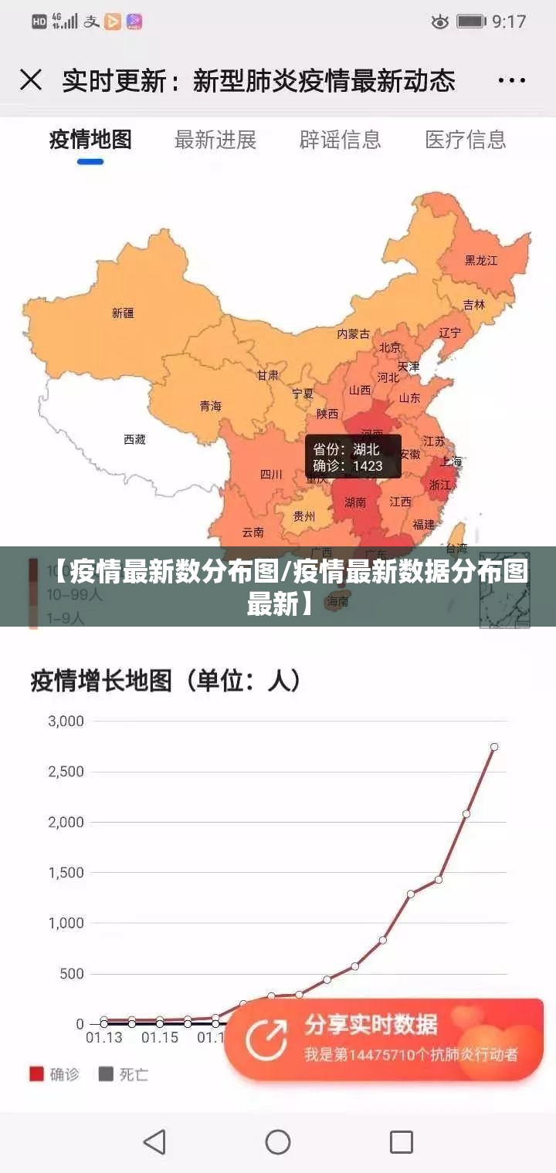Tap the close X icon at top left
coord(31,80)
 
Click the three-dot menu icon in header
coord(511,80)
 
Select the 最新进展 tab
coord(215,140)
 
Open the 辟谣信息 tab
coord(340,140)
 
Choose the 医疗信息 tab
coord(465,140)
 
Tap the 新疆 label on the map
coord(123,313)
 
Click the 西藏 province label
coord(134,439)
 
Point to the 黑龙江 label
coord(480,260)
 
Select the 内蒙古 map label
coord(353,333)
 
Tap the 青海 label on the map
coord(210,406)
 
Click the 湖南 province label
coord(355,502)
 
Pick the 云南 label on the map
coord(253,532)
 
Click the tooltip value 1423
coord(368,466)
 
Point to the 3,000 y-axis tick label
coord(66,722)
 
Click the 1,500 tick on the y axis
coord(66,873)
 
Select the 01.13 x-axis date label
coord(103,1038)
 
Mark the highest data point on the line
coord(494,747)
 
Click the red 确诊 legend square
coord(36,1073)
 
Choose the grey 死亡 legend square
coord(106,1073)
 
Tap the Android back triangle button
coord(155,1141)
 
